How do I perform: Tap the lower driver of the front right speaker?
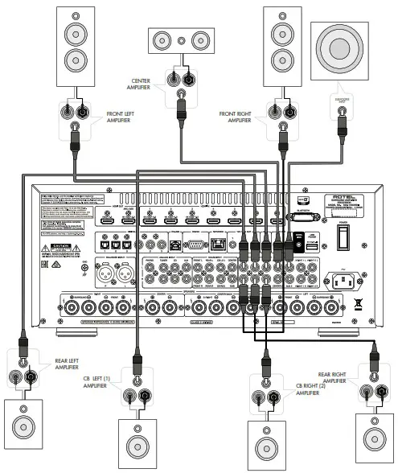coord(284,61)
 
